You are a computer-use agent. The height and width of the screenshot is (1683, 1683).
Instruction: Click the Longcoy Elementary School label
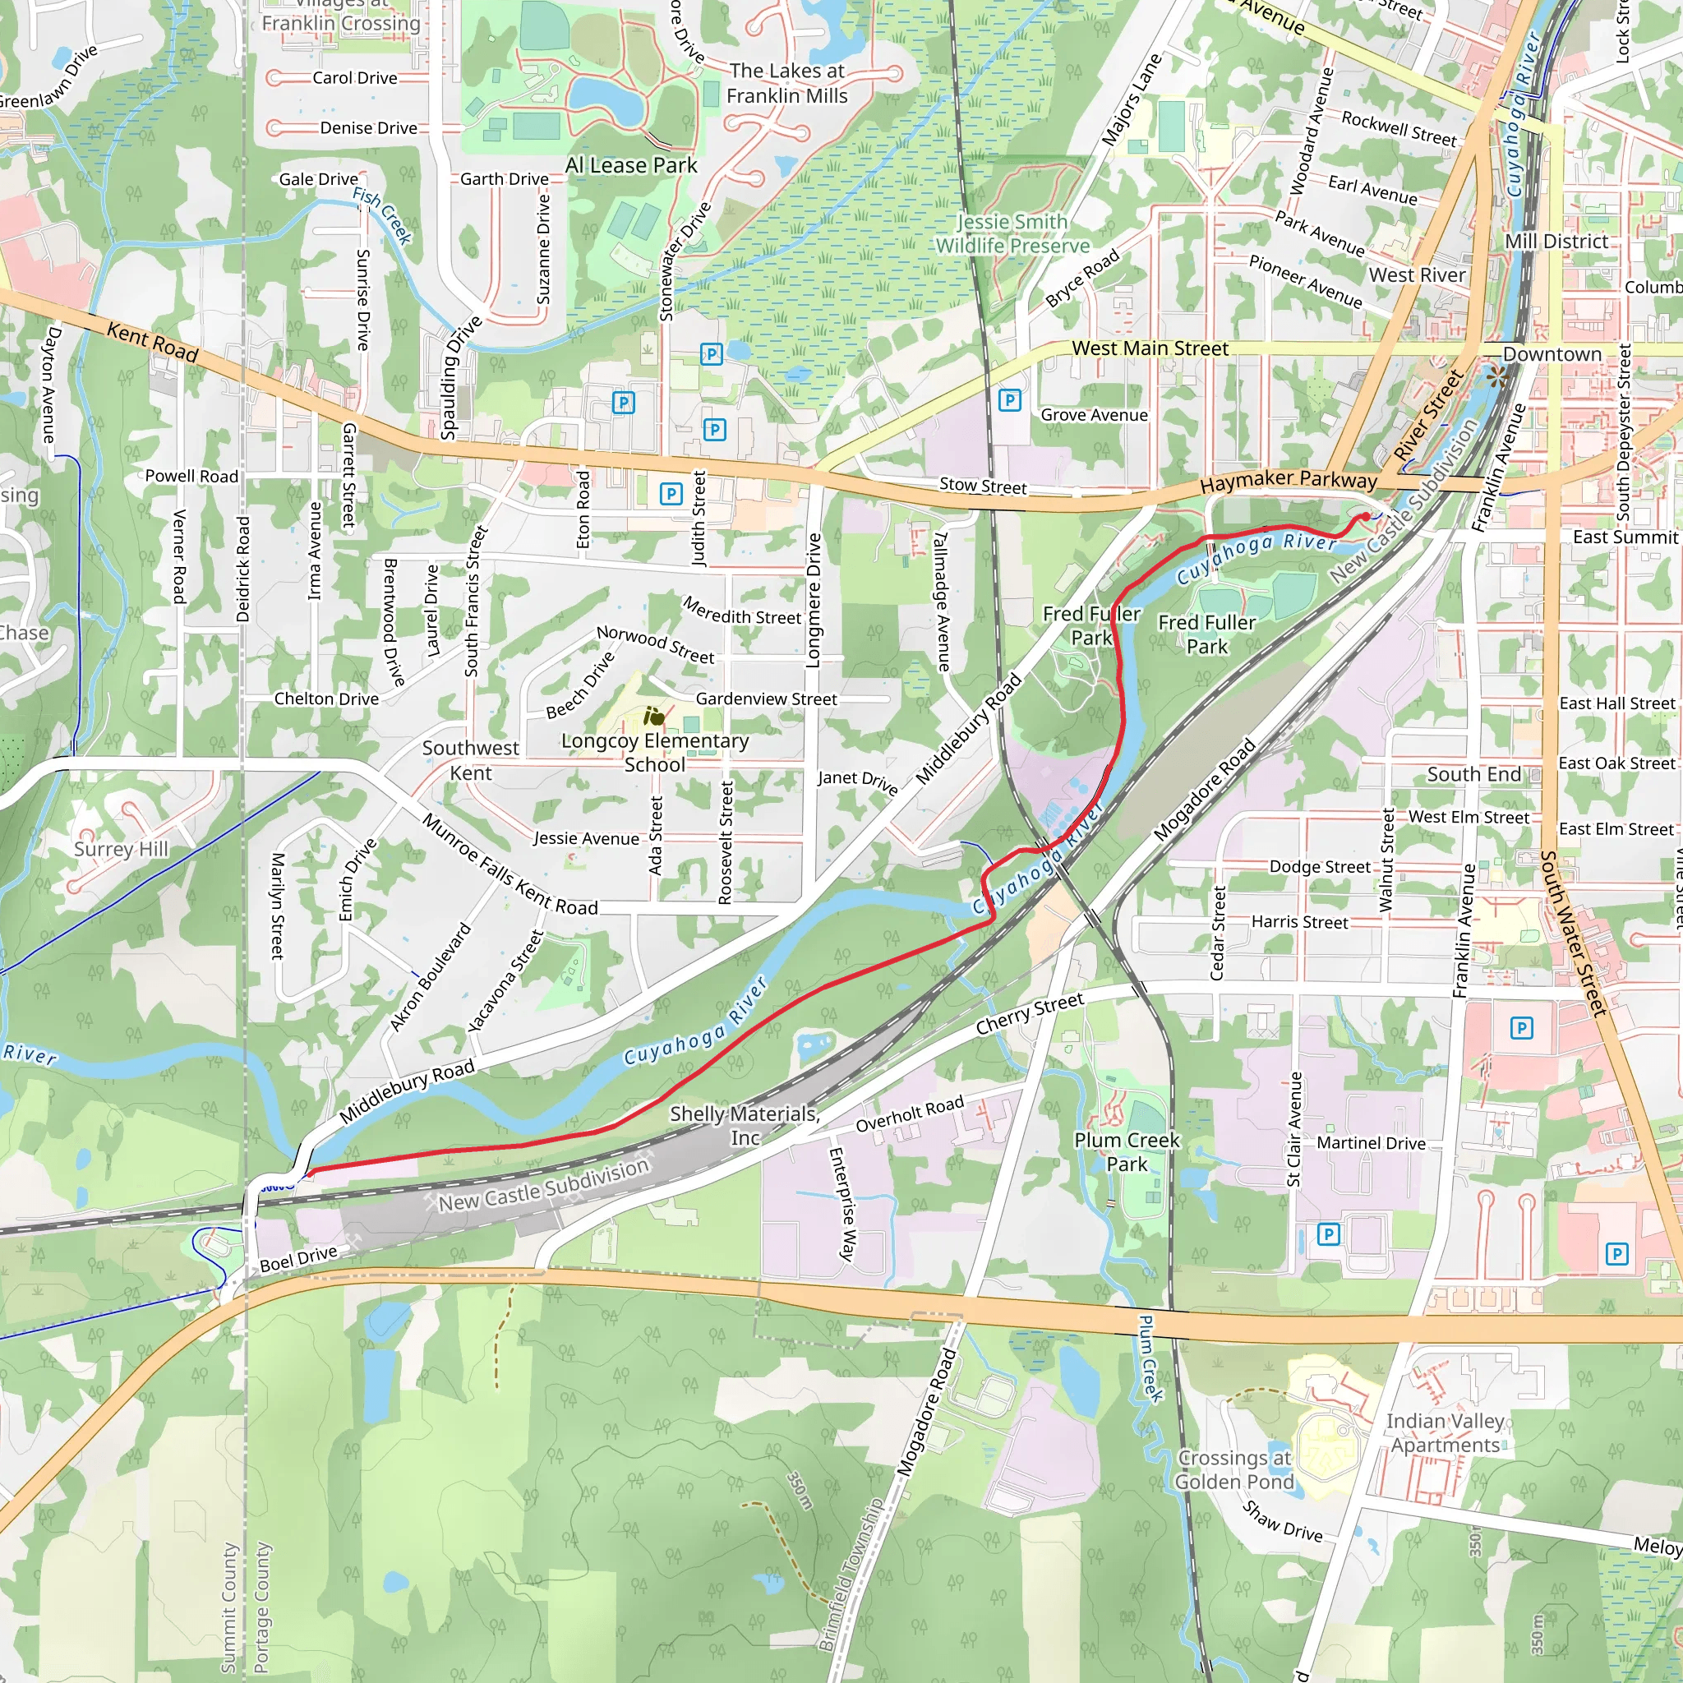654,752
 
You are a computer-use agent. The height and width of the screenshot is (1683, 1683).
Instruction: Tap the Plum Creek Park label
1127,1151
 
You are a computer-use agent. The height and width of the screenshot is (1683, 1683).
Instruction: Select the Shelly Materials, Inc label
744,1126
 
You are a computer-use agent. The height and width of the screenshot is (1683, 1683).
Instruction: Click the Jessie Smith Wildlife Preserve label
1012,234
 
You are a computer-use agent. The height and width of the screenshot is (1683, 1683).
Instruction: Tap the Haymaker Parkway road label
1289,480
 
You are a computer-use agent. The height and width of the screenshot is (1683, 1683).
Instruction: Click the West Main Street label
1150,348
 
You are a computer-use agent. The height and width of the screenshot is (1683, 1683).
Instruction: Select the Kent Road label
153,342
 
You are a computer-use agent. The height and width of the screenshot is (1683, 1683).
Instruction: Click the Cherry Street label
1030,1014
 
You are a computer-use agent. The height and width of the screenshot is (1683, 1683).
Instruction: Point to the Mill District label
1556,242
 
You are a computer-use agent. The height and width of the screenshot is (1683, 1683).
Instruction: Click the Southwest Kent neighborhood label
470,760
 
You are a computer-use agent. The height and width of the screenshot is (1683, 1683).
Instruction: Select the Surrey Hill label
121,850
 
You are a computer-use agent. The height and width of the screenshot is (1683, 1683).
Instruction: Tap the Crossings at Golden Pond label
1233,1469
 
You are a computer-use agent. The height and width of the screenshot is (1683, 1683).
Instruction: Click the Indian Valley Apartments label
1446,1433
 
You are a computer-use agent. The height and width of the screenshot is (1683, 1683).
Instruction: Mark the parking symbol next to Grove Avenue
1009,400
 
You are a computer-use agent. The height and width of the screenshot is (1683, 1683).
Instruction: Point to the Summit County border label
229,1608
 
